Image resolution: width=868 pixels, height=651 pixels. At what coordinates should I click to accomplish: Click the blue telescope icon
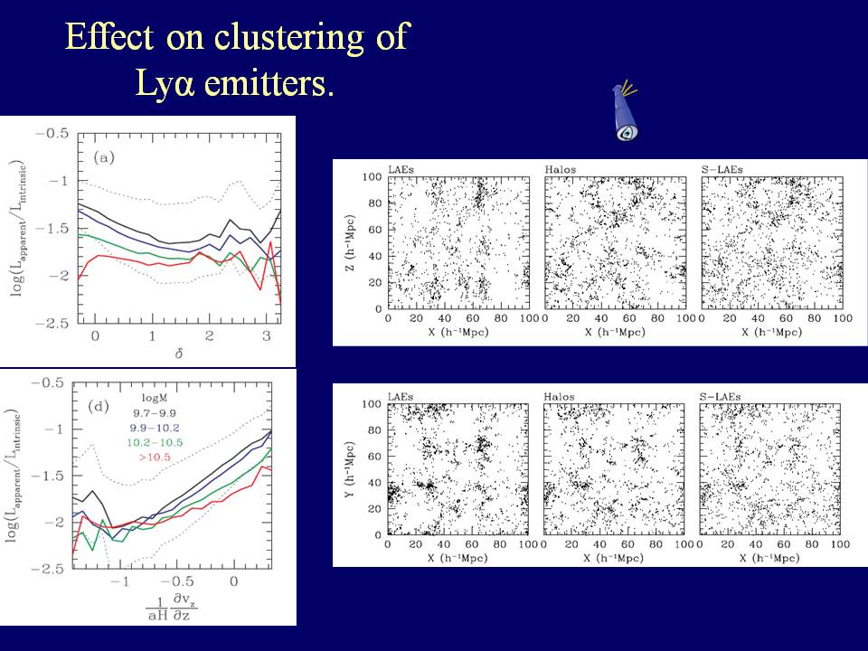624,112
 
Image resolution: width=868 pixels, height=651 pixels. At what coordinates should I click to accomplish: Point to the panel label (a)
105,156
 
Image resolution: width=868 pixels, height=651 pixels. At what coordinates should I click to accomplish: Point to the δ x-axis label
152,354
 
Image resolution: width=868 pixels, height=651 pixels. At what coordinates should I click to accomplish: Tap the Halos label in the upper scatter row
560,169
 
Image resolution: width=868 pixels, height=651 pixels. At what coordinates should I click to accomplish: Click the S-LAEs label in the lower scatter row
719,396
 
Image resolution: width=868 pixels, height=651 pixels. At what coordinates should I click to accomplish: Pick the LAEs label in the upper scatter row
401,169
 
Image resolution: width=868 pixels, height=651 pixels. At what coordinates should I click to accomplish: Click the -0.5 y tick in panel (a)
55,134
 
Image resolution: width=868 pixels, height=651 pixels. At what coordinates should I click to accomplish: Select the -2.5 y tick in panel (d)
55,569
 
